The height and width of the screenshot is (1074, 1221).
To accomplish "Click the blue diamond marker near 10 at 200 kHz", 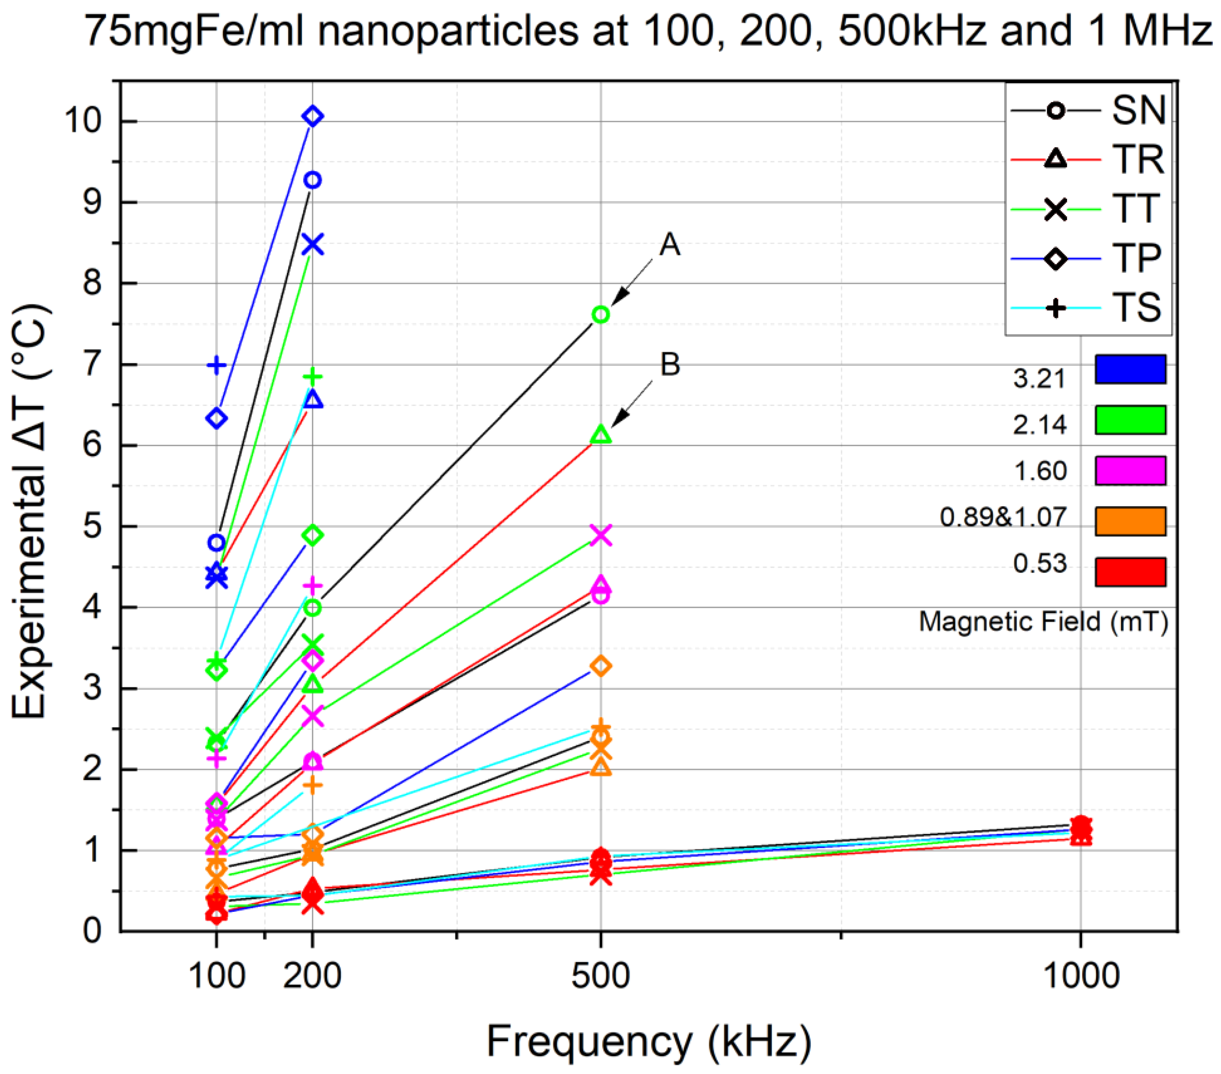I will [x=313, y=116].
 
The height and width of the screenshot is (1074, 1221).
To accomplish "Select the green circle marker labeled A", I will [x=601, y=315].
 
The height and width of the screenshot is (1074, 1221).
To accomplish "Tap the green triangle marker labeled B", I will [x=601, y=435].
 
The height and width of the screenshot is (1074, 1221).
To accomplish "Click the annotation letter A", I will [x=670, y=245].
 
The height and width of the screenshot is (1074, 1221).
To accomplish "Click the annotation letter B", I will [x=670, y=365].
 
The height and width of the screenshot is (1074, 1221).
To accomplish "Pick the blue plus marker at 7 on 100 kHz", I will [x=216, y=365].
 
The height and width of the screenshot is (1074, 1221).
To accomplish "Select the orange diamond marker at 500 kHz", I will [x=601, y=666].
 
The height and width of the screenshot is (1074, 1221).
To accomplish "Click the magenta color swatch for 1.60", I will [x=1130, y=470].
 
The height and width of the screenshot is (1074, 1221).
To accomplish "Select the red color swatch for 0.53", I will [x=1130, y=572].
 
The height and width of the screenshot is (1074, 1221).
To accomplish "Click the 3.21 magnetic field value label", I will [x=1039, y=378].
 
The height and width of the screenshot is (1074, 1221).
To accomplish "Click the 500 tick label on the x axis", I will [x=601, y=975].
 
